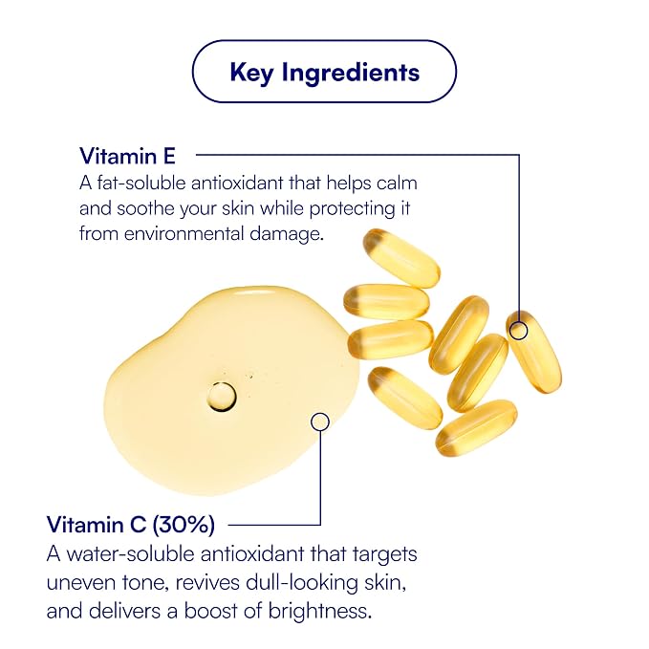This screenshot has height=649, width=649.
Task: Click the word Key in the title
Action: point(251,74)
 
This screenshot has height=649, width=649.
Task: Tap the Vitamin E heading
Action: point(127,156)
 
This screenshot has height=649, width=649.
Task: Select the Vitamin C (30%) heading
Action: point(131,525)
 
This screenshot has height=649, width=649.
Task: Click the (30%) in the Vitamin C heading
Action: point(184,525)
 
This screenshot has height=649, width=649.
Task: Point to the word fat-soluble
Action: point(141,183)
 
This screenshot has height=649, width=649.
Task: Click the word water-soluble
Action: point(130,553)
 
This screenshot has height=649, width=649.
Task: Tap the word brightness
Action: point(318,611)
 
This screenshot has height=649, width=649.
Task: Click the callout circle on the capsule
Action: point(519,331)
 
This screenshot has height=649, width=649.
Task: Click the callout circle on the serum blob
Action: point(320,422)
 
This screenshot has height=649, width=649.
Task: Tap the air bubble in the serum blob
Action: point(222,396)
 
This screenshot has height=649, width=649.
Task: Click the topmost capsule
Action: point(401,258)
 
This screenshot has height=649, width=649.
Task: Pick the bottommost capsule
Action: point(476,427)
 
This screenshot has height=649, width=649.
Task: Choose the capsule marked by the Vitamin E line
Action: point(534,352)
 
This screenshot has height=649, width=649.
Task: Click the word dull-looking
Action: point(302,583)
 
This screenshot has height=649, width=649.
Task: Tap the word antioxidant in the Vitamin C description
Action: point(252,553)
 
